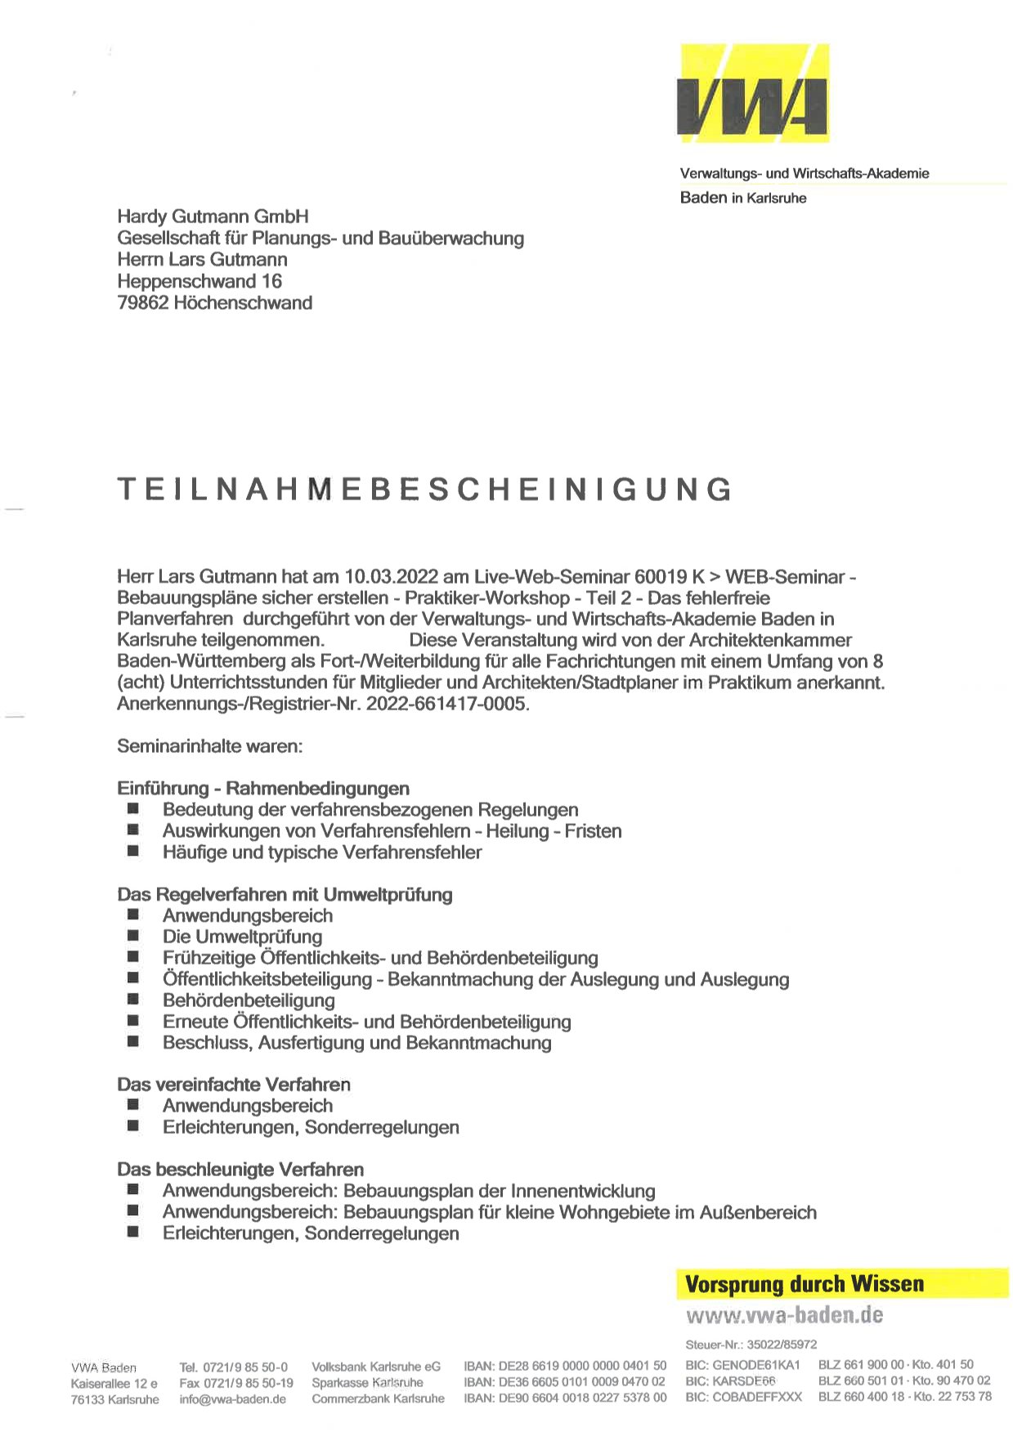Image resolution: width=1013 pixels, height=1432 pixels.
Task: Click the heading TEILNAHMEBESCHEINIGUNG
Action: (424, 489)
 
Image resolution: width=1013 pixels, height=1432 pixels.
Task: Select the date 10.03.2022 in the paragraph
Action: (390, 577)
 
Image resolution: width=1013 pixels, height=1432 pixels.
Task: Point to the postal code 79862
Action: (143, 303)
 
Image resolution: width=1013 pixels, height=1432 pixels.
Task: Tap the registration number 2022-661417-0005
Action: (446, 704)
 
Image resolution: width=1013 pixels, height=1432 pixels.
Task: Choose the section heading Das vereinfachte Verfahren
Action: (234, 1085)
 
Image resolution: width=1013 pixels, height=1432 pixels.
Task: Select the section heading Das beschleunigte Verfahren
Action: (240, 1170)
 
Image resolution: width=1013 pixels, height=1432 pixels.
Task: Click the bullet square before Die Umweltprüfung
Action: (133, 937)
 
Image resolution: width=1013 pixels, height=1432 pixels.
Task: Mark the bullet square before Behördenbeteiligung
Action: (133, 1000)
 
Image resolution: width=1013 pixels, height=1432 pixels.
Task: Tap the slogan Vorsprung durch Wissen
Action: (805, 1284)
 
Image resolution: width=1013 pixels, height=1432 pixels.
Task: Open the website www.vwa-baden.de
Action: (785, 1316)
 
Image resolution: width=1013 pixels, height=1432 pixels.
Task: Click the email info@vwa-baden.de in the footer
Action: (233, 1398)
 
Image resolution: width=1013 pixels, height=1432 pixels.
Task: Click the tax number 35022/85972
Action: (782, 1345)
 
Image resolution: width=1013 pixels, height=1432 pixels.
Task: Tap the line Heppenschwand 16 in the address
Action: (199, 282)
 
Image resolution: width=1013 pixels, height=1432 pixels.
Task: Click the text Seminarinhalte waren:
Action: (210, 746)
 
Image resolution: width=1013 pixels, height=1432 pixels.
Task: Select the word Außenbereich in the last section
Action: (758, 1212)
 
